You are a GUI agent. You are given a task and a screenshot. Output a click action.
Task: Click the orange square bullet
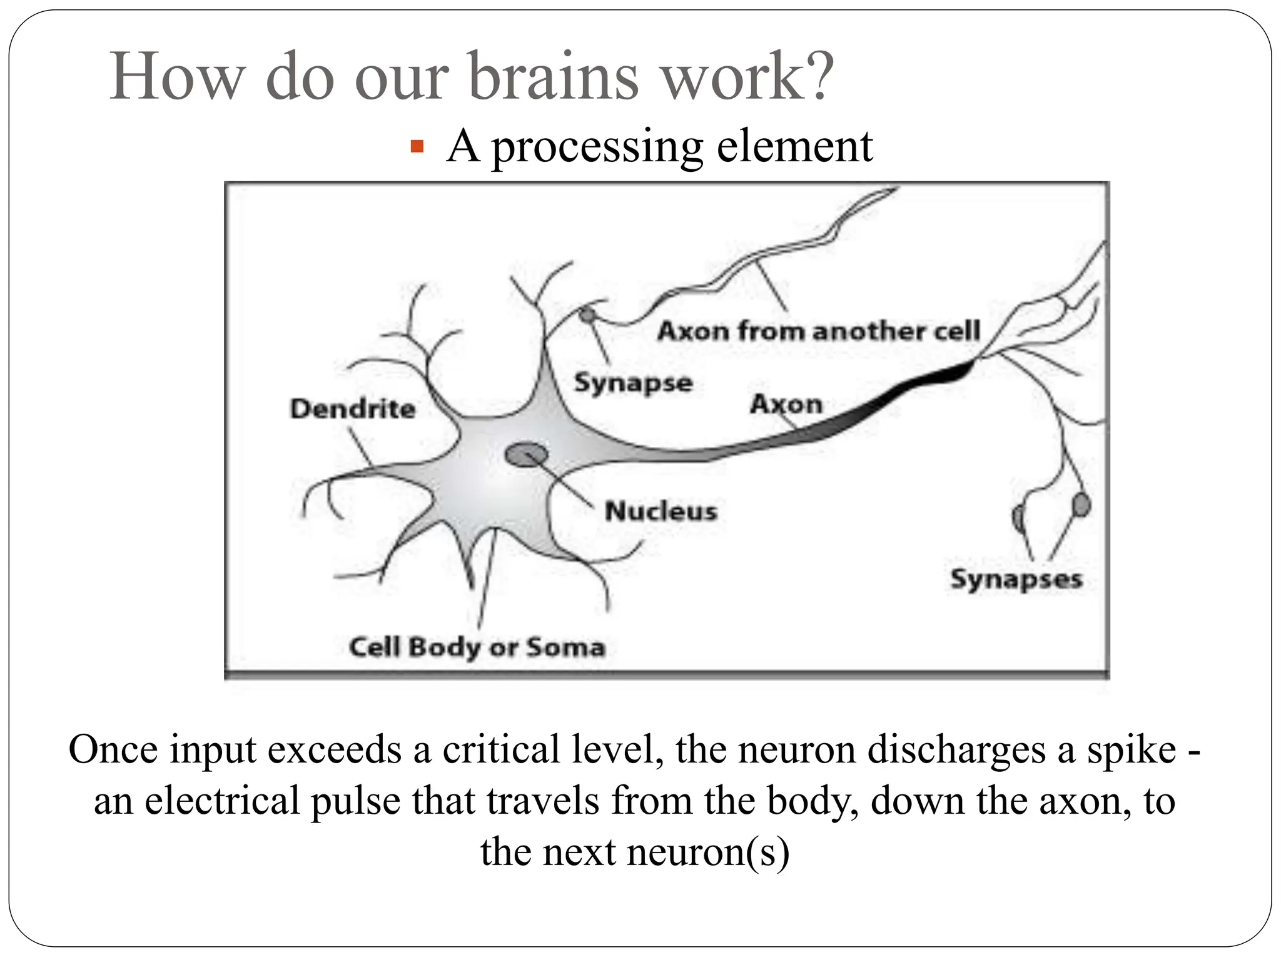[417, 148]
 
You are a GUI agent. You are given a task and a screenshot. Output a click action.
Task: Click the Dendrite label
[353, 409]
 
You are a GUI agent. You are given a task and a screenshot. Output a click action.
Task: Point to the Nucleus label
[661, 511]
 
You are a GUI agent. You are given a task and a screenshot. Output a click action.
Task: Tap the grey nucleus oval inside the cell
[527, 454]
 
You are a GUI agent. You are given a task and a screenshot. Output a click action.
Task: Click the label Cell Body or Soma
[477, 647]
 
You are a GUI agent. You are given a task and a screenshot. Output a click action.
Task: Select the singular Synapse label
[633, 382]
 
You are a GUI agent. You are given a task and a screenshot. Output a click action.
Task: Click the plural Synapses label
[1016, 579]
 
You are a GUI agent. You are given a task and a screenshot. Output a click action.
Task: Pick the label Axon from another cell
[818, 331]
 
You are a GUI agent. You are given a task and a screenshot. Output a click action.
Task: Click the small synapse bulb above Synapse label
[587, 315]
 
